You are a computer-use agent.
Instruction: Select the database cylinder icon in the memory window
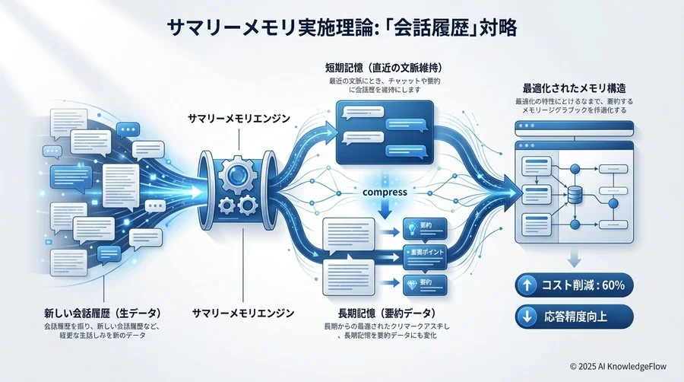pyautogui.click(x=575, y=196)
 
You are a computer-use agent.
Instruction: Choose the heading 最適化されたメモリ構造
pyautogui.click(x=575, y=88)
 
